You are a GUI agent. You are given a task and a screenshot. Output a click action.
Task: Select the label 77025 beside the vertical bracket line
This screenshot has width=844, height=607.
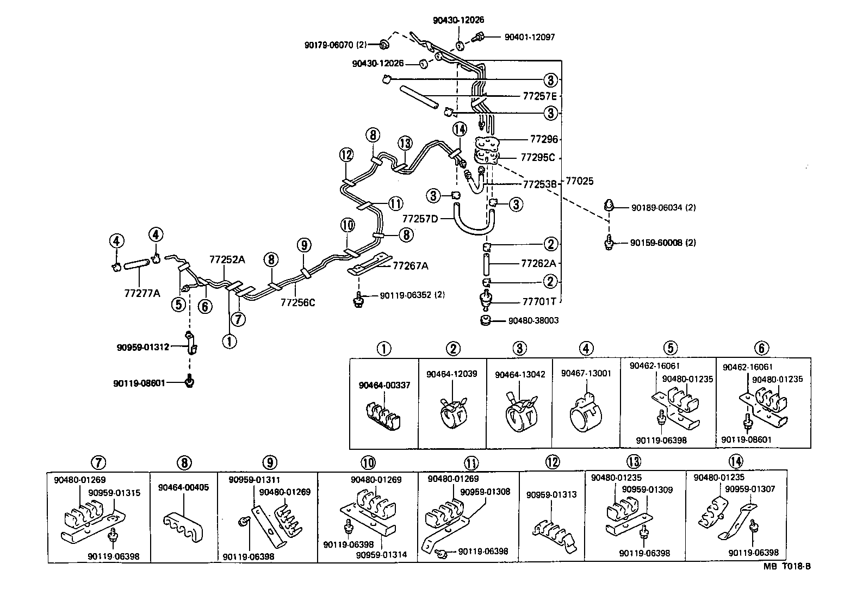click(x=580, y=181)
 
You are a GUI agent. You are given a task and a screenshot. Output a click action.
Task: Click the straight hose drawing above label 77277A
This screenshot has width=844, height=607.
click(x=136, y=265)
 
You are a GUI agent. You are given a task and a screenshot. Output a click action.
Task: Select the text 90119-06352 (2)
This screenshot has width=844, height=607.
click(x=412, y=295)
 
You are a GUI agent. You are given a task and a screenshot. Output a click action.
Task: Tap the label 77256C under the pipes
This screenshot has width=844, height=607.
click(x=297, y=302)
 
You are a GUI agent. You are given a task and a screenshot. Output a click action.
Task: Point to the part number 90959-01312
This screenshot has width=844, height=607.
click(x=142, y=346)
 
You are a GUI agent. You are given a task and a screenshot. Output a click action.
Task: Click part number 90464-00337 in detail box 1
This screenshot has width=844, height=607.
click(x=384, y=385)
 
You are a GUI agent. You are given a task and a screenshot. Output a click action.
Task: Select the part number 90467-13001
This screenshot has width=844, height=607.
click(x=586, y=373)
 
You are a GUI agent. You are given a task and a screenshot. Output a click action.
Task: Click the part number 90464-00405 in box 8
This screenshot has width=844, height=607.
click(x=183, y=487)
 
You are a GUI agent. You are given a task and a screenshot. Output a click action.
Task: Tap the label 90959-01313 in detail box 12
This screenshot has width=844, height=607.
click(x=551, y=495)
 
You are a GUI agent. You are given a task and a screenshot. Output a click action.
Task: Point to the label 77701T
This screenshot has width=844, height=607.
click(x=539, y=301)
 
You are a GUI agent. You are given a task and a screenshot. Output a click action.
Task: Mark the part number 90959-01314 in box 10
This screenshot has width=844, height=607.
click(x=381, y=555)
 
